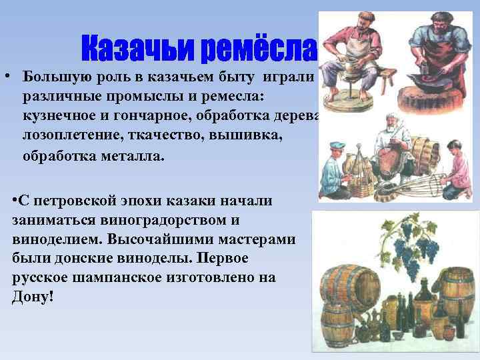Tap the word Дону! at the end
(x=32, y=296)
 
